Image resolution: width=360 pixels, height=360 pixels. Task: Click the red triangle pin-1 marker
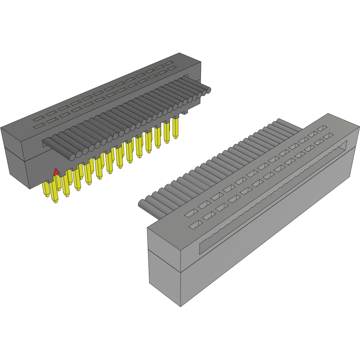[x=56, y=172]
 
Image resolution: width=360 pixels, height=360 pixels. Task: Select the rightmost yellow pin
[x=176, y=127]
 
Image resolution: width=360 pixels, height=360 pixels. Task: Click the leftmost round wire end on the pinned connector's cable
[x=72, y=156]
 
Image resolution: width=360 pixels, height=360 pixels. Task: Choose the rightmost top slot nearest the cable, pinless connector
[x=322, y=128]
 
